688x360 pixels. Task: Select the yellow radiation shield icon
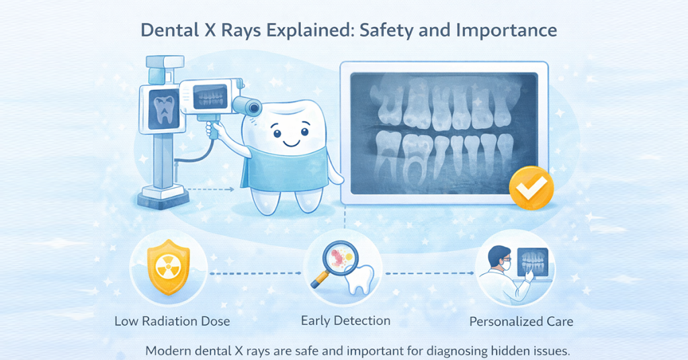click(x=165, y=269)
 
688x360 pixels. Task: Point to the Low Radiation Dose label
click(x=172, y=321)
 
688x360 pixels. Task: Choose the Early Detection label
click(x=343, y=320)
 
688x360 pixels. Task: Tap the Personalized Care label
click(x=521, y=321)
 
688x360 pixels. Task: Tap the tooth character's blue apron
click(x=296, y=171)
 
